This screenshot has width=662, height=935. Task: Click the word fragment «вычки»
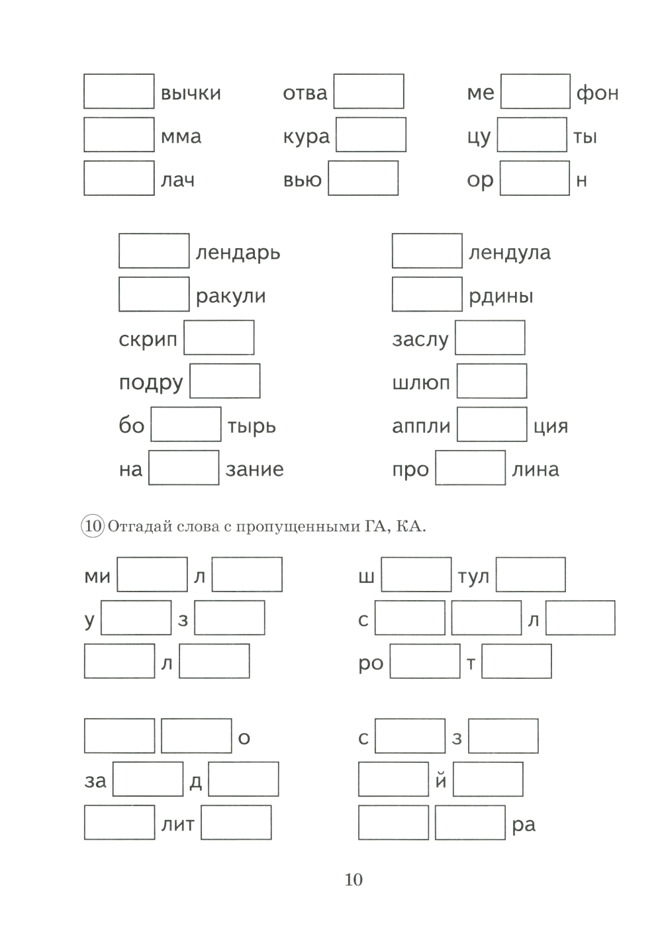click(x=191, y=93)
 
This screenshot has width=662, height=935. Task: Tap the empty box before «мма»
click(x=119, y=135)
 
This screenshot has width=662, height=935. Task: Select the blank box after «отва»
click(x=369, y=91)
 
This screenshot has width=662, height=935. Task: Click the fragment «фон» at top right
click(x=597, y=93)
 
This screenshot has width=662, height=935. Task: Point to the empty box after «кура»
click(x=371, y=135)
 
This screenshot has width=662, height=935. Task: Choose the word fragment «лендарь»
click(x=238, y=252)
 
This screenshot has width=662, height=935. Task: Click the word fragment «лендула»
click(x=509, y=252)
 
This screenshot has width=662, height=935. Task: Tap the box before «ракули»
click(x=154, y=294)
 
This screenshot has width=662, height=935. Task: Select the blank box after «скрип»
click(x=219, y=337)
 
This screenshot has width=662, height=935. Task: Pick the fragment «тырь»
click(x=252, y=426)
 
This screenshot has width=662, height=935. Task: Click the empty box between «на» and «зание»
click(x=184, y=468)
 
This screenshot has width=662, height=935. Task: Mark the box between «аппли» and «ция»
click(x=492, y=425)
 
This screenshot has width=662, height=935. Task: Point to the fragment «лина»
click(x=535, y=469)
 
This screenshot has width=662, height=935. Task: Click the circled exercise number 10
click(x=93, y=527)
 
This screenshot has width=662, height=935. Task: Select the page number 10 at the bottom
click(x=354, y=879)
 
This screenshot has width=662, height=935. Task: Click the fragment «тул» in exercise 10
click(x=473, y=577)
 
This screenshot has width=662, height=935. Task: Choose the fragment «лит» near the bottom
click(x=177, y=824)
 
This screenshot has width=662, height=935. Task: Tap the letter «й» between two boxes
click(x=441, y=781)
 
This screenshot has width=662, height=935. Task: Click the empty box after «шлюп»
click(x=492, y=380)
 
